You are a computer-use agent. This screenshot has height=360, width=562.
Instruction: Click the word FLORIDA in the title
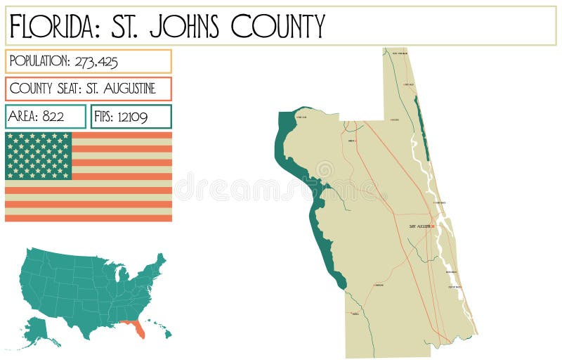point(51,26)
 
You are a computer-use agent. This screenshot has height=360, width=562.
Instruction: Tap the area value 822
point(53,117)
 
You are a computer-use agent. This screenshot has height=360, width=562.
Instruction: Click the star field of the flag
point(39,155)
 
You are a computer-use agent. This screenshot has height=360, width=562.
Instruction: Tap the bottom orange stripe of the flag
point(89,218)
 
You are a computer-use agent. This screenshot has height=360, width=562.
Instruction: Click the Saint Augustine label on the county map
point(420,226)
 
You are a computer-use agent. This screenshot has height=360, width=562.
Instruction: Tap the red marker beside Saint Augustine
point(433,226)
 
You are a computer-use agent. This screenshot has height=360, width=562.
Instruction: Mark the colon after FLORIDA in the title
point(98,27)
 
